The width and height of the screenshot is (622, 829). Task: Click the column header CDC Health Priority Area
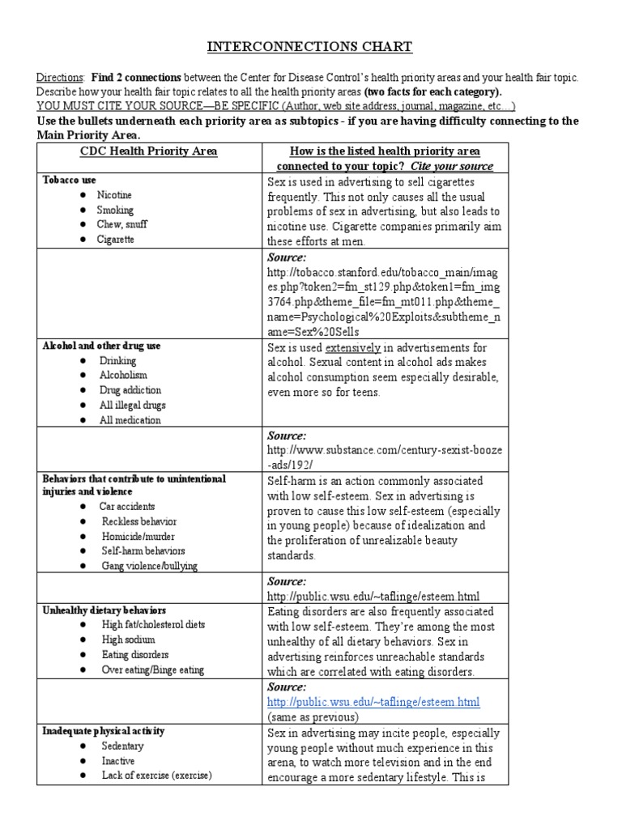point(148,151)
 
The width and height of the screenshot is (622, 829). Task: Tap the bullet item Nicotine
point(114,195)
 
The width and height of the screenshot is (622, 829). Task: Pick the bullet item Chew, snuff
point(121,224)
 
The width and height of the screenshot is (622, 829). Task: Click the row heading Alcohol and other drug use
point(101,346)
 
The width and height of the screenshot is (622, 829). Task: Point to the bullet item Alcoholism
point(123,376)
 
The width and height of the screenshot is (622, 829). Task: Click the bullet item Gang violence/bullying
point(148,565)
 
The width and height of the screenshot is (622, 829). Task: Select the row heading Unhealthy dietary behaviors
point(106,610)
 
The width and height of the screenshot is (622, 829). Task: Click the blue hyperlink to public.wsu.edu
point(373,701)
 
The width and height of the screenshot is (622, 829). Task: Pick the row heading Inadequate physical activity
point(103,731)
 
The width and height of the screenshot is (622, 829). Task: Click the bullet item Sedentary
point(122,746)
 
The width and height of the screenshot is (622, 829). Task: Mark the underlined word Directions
point(59,77)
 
